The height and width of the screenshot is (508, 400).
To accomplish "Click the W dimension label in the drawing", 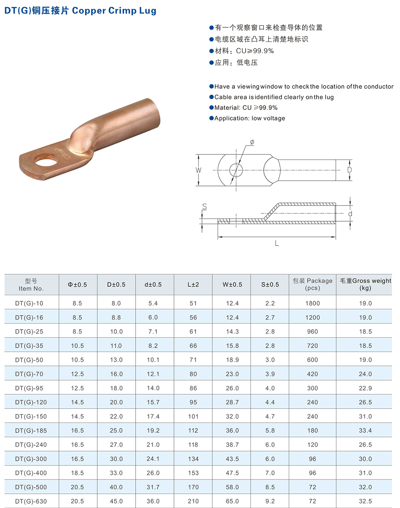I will [198, 170].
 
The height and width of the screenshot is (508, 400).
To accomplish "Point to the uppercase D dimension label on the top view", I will [349, 170].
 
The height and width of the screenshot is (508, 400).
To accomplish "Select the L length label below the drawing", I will [277, 243].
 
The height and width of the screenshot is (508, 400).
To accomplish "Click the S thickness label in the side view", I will [204, 207].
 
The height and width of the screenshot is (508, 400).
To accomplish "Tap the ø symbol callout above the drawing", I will [252, 142].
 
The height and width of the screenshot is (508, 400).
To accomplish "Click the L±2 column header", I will [193, 284].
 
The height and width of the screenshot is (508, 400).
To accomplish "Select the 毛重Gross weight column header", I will [365, 284].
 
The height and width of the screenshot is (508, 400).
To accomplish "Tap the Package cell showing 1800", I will [312, 303].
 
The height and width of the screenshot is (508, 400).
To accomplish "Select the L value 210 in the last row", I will [193, 501].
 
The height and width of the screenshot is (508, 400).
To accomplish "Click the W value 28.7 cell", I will [232, 402].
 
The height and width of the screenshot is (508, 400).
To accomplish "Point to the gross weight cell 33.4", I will [365, 430].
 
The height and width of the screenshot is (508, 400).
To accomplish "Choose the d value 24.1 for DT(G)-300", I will [153, 459].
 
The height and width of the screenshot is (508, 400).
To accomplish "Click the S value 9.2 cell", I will [270, 501].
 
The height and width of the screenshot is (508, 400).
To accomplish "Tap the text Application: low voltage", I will [250, 118].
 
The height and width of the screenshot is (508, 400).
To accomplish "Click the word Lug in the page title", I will [148, 10].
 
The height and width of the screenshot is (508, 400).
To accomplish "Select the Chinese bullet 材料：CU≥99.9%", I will [244, 51].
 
